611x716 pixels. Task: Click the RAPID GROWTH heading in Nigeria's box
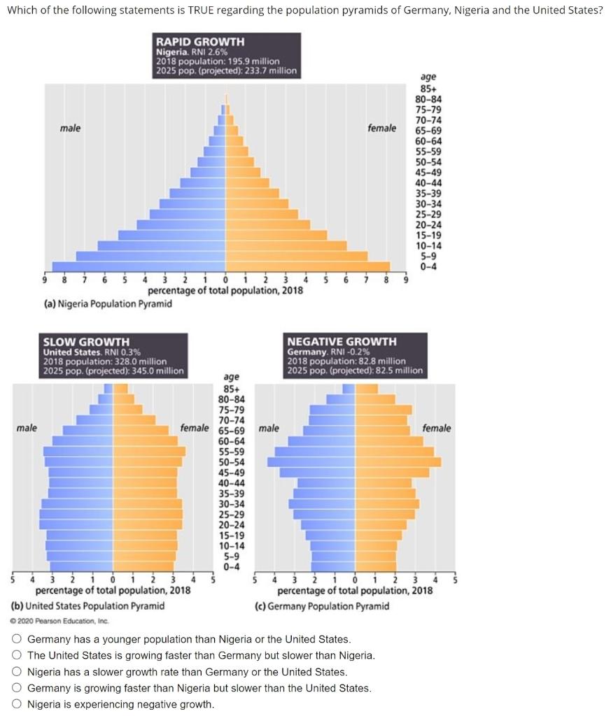[199, 42]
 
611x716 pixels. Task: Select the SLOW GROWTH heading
[86, 342]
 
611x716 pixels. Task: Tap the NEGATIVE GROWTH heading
[342, 342]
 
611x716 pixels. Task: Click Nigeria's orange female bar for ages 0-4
[308, 266]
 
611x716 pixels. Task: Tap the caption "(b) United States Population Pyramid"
[88, 606]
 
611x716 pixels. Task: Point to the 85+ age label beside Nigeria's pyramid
[427, 89]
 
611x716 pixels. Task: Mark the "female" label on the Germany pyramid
[437, 428]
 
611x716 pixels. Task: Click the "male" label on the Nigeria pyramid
[70, 128]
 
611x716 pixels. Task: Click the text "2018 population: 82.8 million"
[346, 361]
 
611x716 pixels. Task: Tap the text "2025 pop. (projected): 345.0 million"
[113, 371]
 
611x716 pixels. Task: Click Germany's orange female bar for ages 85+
[366, 389]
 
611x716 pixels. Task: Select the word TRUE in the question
[204, 10]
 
